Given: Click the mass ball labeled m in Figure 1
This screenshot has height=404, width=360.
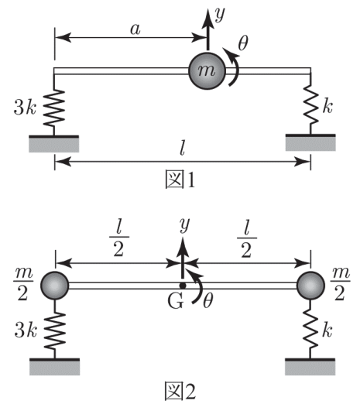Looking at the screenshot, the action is (x=207, y=71).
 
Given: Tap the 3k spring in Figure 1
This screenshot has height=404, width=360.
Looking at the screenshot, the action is (x=54, y=108).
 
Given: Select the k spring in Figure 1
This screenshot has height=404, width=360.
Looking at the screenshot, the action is (x=310, y=105).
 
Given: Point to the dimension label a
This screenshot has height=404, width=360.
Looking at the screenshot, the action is (x=135, y=29).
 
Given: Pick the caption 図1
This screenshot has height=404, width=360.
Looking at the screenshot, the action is (x=180, y=179).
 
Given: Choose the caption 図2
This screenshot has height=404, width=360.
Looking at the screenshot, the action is (x=180, y=392).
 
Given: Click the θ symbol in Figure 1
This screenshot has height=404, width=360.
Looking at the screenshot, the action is (x=243, y=43).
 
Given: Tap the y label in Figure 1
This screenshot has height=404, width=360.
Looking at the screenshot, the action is (x=220, y=14).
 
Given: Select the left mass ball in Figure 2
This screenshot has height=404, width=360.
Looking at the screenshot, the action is (x=54, y=286).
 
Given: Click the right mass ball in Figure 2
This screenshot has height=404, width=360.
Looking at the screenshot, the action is (x=310, y=286).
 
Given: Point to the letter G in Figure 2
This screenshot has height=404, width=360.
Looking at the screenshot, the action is (x=176, y=301).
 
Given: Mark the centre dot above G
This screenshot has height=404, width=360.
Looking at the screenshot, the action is (x=183, y=286).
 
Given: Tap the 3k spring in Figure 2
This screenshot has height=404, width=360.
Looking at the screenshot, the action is (x=54, y=330).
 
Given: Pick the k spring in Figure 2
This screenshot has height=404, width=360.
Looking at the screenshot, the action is (x=310, y=328).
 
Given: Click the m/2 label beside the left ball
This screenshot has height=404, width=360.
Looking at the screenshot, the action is (x=22, y=284).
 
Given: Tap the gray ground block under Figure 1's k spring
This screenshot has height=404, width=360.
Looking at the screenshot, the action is (x=310, y=144).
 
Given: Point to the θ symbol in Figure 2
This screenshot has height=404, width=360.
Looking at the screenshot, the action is (x=208, y=301).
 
